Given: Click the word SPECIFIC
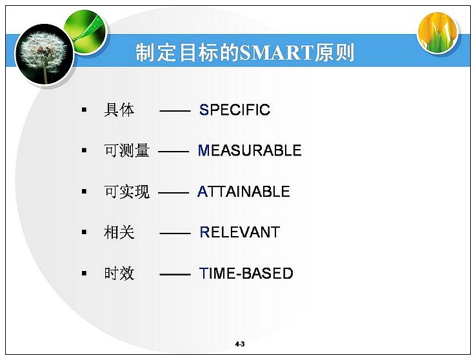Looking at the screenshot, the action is pyautogui.click(x=235, y=110).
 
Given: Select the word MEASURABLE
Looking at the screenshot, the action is pyautogui.click(x=250, y=150).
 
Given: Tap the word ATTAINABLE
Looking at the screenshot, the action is pyautogui.click(x=244, y=192).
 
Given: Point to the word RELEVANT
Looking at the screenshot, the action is pyautogui.click(x=239, y=232).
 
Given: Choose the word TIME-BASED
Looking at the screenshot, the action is pyautogui.click(x=246, y=273).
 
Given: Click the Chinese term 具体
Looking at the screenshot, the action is pyautogui.click(x=119, y=110).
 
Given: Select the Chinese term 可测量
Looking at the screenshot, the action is pyautogui.click(x=127, y=150).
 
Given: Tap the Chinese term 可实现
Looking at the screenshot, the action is pyautogui.click(x=127, y=192).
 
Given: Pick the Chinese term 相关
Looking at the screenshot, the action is pyautogui.click(x=119, y=232).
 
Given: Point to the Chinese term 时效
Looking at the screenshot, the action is pyautogui.click(x=119, y=273).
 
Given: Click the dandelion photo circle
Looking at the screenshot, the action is pyautogui.click(x=45, y=55).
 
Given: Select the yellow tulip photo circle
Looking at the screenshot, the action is pyautogui.click(x=438, y=32).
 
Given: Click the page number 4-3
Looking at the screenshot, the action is pyautogui.click(x=240, y=344).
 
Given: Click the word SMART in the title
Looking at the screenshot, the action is pyautogui.click(x=276, y=52).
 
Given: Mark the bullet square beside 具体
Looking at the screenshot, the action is pyautogui.click(x=84, y=110).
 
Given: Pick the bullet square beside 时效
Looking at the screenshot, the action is pyautogui.click(x=84, y=274).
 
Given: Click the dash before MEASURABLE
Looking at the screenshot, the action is pyautogui.click(x=174, y=151).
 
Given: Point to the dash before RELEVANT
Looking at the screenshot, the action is pyautogui.click(x=175, y=234).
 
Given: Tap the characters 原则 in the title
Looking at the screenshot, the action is pyautogui.click(x=334, y=52).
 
